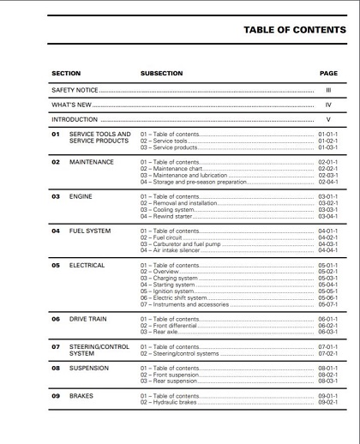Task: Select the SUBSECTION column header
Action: (x=162, y=73)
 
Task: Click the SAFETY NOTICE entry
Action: (x=75, y=89)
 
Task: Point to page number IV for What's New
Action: (x=328, y=105)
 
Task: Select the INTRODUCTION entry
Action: (x=75, y=120)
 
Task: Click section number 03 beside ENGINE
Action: (x=56, y=196)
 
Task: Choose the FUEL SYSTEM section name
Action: (x=92, y=231)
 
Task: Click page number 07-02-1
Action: (x=328, y=353)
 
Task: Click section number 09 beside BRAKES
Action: (x=56, y=397)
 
